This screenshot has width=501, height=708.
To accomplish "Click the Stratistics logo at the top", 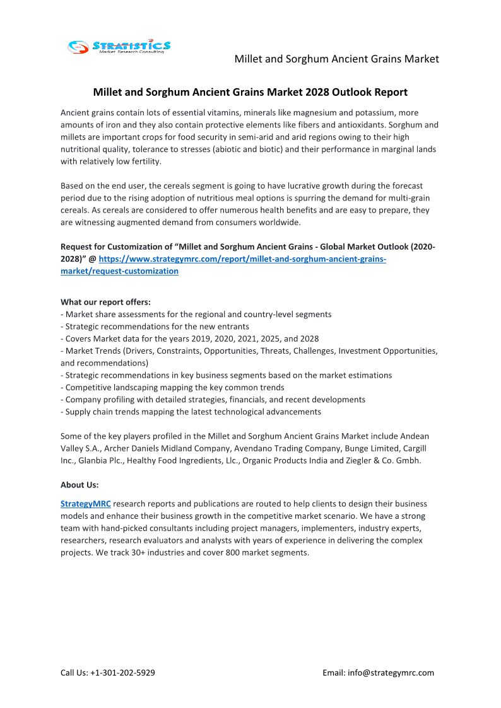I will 119,46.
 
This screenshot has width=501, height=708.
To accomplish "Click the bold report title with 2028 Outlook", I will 250,92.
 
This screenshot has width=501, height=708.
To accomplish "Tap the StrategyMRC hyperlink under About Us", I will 85,504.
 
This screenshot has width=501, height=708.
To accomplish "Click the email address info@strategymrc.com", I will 391,673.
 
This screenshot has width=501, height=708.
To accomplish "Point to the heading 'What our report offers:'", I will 105,302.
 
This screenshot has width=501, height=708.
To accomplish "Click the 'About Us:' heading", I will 80,485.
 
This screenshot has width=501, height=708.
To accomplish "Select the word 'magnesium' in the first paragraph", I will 299,113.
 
